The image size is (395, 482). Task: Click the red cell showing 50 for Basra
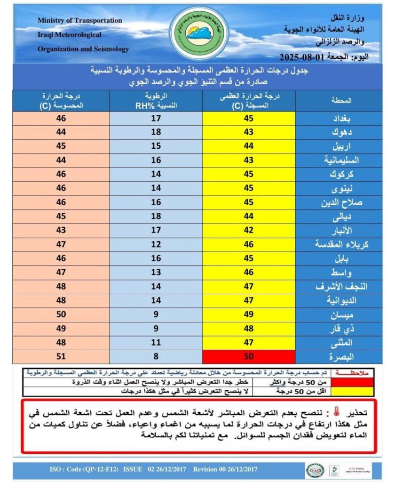coord(249,356)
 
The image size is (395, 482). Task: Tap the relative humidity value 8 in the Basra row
coord(156,356)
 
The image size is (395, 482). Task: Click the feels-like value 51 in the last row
coord(61,356)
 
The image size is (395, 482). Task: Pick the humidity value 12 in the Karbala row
coord(156,244)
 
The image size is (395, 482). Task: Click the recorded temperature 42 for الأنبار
coord(249,230)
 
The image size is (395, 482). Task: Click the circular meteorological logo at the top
coord(197,32)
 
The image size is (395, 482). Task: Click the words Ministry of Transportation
coord(79,21)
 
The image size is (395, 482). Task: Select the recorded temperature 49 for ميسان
coord(249,314)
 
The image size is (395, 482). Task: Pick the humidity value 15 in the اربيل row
coord(156,146)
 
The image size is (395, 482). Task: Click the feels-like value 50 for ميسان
coord(61,314)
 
